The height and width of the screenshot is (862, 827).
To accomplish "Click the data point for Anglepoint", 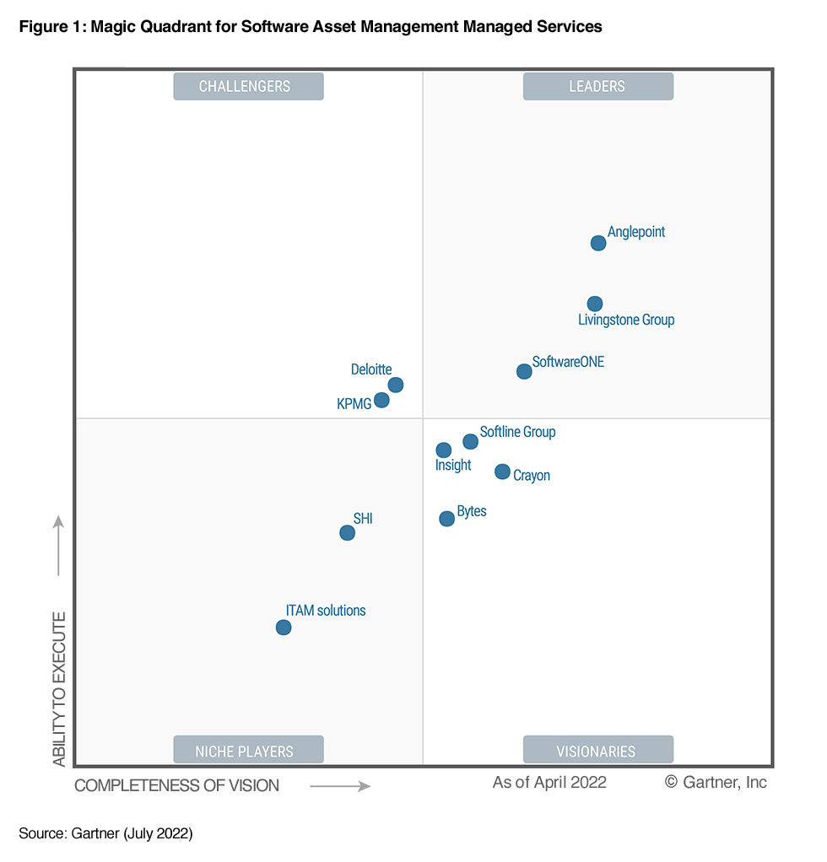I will (x=598, y=243).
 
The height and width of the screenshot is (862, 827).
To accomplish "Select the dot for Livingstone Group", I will (x=595, y=304).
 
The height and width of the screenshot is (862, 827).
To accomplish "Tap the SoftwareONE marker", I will (x=524, y=371).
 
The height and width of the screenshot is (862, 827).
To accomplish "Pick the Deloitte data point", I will (x=396, y=385).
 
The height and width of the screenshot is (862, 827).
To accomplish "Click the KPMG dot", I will (x=381, y=400).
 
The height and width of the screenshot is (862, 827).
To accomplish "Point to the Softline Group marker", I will (x=471, y=441).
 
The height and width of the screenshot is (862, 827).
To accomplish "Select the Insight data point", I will (x=444, y=450).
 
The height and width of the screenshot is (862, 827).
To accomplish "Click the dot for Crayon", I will (x=503, y=471).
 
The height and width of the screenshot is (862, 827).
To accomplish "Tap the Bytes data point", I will (x=447, y=519).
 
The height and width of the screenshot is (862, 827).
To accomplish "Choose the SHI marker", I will (x=347, y=532).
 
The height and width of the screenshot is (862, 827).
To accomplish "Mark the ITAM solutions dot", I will (x=284, y=628).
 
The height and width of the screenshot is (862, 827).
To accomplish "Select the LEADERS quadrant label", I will (x=597, y=86).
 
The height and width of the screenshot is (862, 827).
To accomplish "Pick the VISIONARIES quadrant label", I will (x=597, y=751).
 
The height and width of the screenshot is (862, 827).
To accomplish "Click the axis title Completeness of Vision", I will (x=176, y=785).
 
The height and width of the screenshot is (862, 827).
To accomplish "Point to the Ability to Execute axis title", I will (x=59, y=689).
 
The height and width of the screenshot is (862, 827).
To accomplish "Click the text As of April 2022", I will (x=549, y=782).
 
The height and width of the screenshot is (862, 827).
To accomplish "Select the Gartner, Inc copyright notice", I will (x=716, y=782).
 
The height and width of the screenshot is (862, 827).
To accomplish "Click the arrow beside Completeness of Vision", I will (x=340, y=786).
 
